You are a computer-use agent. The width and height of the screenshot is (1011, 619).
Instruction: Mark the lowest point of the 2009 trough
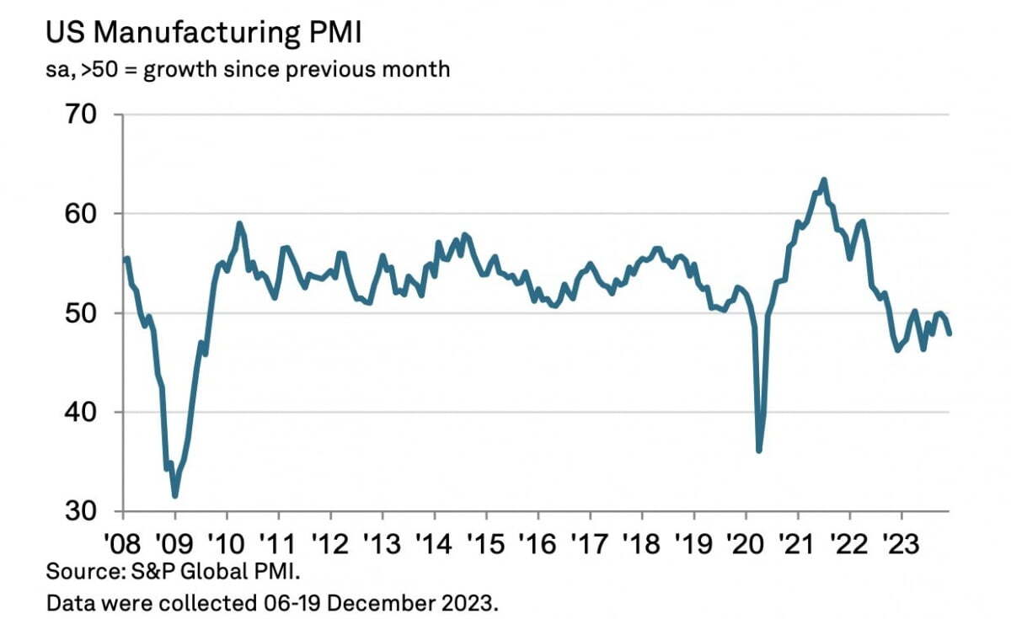point(175,496)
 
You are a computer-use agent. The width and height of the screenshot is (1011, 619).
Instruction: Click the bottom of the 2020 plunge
point(759,451)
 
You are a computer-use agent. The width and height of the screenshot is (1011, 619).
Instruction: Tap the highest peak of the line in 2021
point(823,179)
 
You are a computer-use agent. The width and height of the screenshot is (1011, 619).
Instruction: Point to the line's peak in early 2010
point(240,223)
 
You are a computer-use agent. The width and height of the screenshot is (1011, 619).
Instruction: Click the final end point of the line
point(949,334)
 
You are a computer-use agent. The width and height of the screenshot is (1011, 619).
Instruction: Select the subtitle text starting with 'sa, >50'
point(248,69)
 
